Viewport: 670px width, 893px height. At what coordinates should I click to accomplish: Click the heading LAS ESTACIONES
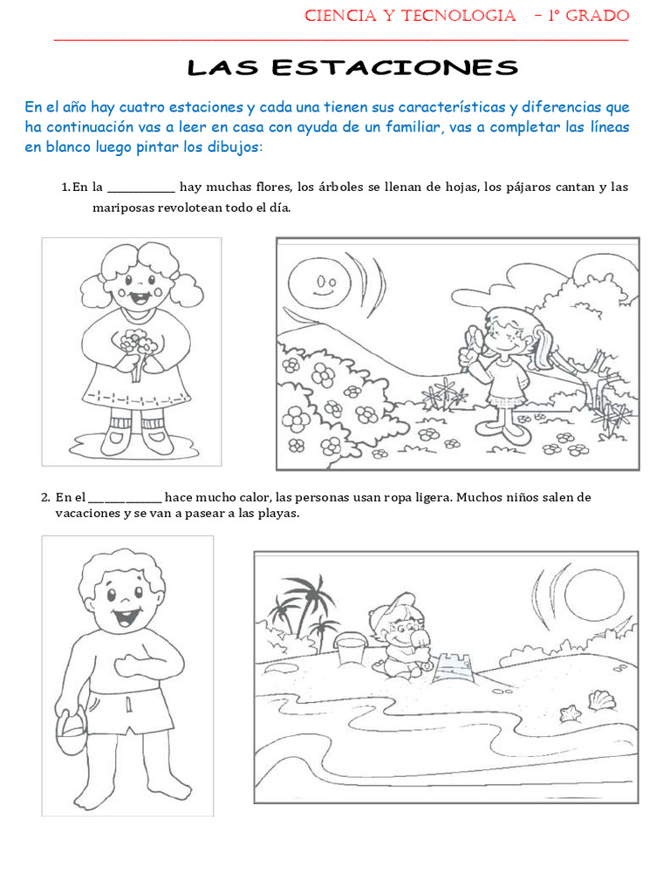[x=353, y=68]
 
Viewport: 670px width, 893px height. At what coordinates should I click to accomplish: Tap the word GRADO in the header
[x=598, y=16]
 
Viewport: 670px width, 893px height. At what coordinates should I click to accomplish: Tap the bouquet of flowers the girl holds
[x=137, y=344]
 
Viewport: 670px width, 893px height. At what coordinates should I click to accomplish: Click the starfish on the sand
[x=571, y=712]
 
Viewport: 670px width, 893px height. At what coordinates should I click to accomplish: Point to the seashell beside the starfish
[x=601, y=699]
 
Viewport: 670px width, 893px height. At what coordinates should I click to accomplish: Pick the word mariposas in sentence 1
[x=125, y=208]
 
